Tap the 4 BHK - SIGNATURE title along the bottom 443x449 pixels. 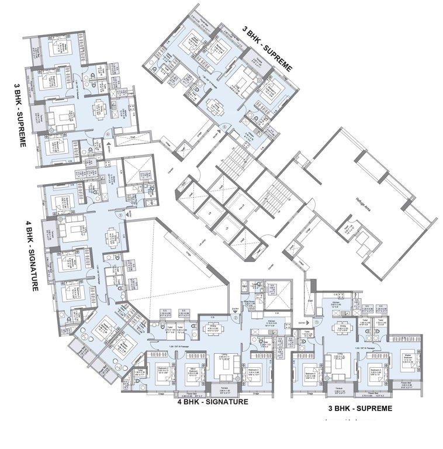(213, 402)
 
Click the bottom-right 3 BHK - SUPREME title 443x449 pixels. (359, 408)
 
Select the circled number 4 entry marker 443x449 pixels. (109, 133)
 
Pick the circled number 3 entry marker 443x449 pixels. (121, 215)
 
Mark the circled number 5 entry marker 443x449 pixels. (225, 126)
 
